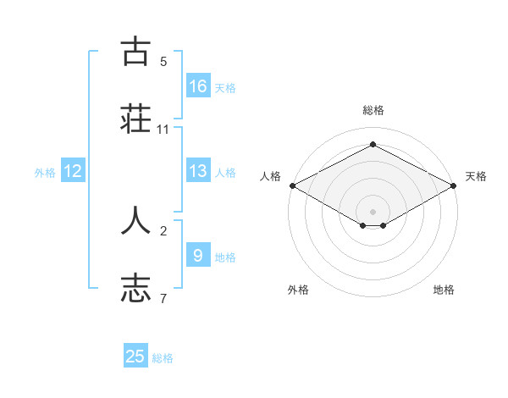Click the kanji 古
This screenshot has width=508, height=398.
(136, 53)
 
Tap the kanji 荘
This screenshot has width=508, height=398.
(136, 118)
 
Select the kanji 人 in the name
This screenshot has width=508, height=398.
(136, 220)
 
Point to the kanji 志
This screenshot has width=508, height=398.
(136, 286)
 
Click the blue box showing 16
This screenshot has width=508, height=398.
(198, 86)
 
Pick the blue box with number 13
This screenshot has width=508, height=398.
(198, 171)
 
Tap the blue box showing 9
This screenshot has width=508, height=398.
(198, 255)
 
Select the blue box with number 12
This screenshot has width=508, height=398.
(73, 171)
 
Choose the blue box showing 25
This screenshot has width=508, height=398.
(135, 357)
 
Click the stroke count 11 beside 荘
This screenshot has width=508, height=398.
(163, 130)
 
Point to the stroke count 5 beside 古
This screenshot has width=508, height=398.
(163, 62)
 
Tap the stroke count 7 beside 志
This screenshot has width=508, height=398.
(163, 298)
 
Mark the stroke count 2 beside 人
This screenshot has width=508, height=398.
(163, 230)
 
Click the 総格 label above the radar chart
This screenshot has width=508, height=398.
(373, 110)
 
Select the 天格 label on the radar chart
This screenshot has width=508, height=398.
(476, 176)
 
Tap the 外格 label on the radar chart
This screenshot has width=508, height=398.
(298, 290)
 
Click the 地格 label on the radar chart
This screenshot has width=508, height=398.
(444, 290)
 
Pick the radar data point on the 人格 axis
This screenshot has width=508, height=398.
(291, 185)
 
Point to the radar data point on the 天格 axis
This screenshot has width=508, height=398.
(454, 185)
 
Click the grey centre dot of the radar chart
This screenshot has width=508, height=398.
(373, 211)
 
